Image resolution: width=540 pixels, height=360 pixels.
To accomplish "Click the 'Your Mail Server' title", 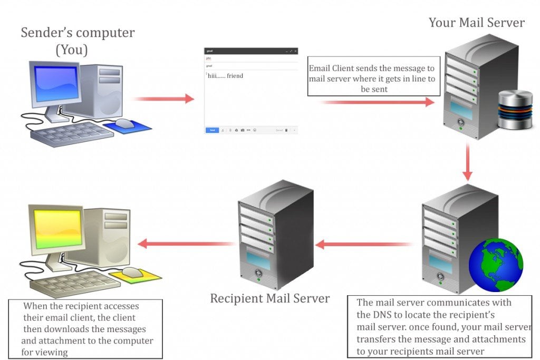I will [476, 23].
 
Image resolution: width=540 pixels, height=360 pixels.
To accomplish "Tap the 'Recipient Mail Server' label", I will [269, 298].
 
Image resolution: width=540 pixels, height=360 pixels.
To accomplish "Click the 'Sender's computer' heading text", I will [78, 33].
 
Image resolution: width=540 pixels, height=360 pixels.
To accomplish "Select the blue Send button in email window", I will [212, 130].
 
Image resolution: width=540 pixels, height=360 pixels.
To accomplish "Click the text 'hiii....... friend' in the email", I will [225, 76].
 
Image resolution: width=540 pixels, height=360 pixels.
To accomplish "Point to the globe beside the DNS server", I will [496, 265].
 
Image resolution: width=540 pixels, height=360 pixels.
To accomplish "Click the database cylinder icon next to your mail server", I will [515, 110].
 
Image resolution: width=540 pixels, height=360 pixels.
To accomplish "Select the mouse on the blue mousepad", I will [125, 123].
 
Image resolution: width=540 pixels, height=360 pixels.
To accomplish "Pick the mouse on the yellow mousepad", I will [132, 272].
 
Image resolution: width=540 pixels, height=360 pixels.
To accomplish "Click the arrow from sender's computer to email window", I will [163, 99].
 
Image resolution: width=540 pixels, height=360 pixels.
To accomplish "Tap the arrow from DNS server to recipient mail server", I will [364, 244].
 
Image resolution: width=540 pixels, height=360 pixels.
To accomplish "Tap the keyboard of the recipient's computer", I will [69, 284].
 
